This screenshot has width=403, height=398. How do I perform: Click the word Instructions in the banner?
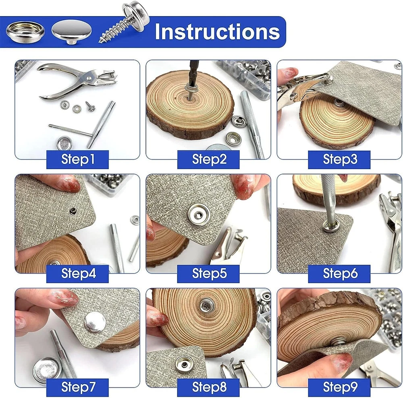pos(217,31)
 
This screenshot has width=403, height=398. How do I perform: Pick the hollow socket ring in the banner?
pos(25,32)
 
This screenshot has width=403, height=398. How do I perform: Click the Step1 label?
pos(78,159)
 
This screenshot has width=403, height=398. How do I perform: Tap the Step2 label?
pos(208,159)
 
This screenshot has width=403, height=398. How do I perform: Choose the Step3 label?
pos(339,159)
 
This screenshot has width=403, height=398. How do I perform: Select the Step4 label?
pos(78,274)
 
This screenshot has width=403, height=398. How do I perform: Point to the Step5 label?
pos(208,274)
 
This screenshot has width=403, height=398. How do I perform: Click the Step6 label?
pos(339,274)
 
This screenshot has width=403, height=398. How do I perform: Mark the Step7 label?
pos(78,388)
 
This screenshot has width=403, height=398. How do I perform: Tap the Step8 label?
pos(208,388)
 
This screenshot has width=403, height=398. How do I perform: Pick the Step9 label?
pos(339,388)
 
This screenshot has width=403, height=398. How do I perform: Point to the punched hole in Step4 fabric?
pos(73,211)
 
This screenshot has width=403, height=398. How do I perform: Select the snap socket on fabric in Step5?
pos(198,215)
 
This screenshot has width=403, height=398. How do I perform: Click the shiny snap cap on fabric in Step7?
pos(95,322)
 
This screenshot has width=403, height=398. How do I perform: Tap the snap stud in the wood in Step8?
pos(206,305)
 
